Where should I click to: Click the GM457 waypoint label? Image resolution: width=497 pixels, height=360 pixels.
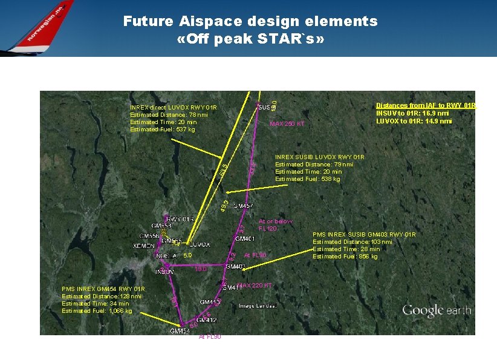click(x=243, y=206)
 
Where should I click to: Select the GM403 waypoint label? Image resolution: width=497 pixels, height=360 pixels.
click(x=235, y=267)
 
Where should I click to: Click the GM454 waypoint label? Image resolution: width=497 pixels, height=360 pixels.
click(x=180, y=331)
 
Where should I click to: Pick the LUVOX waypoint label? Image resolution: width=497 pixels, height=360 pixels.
click(x=200, y=245)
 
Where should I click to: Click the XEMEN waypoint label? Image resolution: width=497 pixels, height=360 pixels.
click(x=144, y=246)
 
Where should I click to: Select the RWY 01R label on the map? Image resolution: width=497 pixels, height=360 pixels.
click(x=180, y=219)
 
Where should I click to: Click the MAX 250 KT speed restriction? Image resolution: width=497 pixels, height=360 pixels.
click(x=287, y=124)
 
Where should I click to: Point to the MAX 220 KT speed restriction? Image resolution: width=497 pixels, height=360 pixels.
click(x=255, y=285)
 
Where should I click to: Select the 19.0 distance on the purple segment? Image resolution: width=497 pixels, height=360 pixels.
click(x=200, y=269)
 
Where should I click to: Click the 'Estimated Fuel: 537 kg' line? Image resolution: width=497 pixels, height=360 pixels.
click(x=163, y=129)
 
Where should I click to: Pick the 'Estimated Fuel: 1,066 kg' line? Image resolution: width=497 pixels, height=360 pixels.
click(x=97, y=311)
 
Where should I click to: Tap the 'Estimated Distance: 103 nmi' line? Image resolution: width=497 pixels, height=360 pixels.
click(x=352, y=242)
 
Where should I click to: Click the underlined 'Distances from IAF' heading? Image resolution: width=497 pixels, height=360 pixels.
click(x=426, y=105)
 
